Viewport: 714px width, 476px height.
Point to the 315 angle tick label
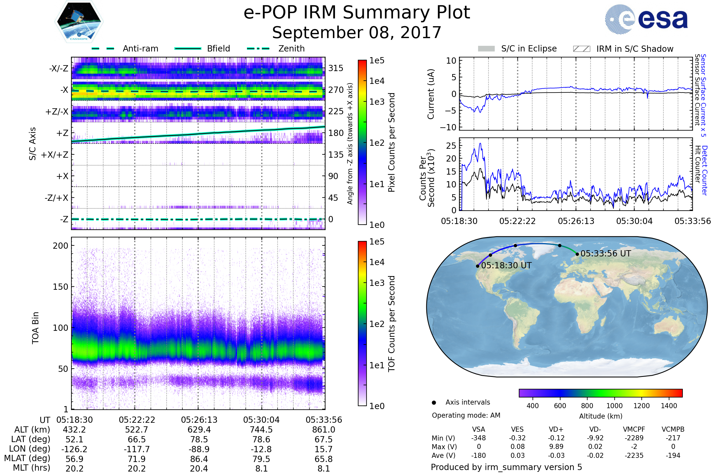tap(336, 68)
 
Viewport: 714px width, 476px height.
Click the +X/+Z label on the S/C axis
tap(55, 155)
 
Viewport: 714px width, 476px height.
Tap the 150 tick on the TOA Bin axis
tap(60, 287)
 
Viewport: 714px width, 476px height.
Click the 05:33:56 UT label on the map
tap(606, 253)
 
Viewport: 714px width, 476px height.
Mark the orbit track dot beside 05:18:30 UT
tap(477, 266)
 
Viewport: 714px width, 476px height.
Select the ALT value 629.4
tap(199, 430)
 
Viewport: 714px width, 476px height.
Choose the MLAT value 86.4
tap(199, 459)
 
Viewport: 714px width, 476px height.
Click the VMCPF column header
tap(634, 429)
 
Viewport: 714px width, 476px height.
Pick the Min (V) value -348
tap(478, 438)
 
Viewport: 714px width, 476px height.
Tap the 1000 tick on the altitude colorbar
tap(614, 406)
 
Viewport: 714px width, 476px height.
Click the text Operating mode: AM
tap(466, 415)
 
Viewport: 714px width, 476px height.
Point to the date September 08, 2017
tap(357, 33)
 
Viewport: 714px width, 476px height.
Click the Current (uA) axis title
tap(431, 94)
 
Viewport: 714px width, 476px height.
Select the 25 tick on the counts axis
tap(451, 146)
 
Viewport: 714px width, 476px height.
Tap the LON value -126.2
tap(74, 449)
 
